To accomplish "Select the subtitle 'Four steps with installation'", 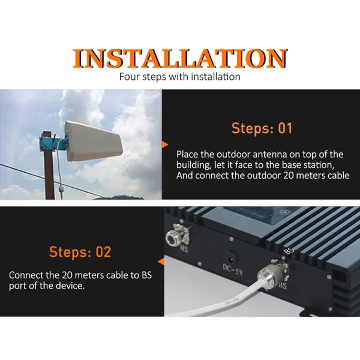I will (x=180, y=77).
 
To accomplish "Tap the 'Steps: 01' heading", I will (x=262, y=128).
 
